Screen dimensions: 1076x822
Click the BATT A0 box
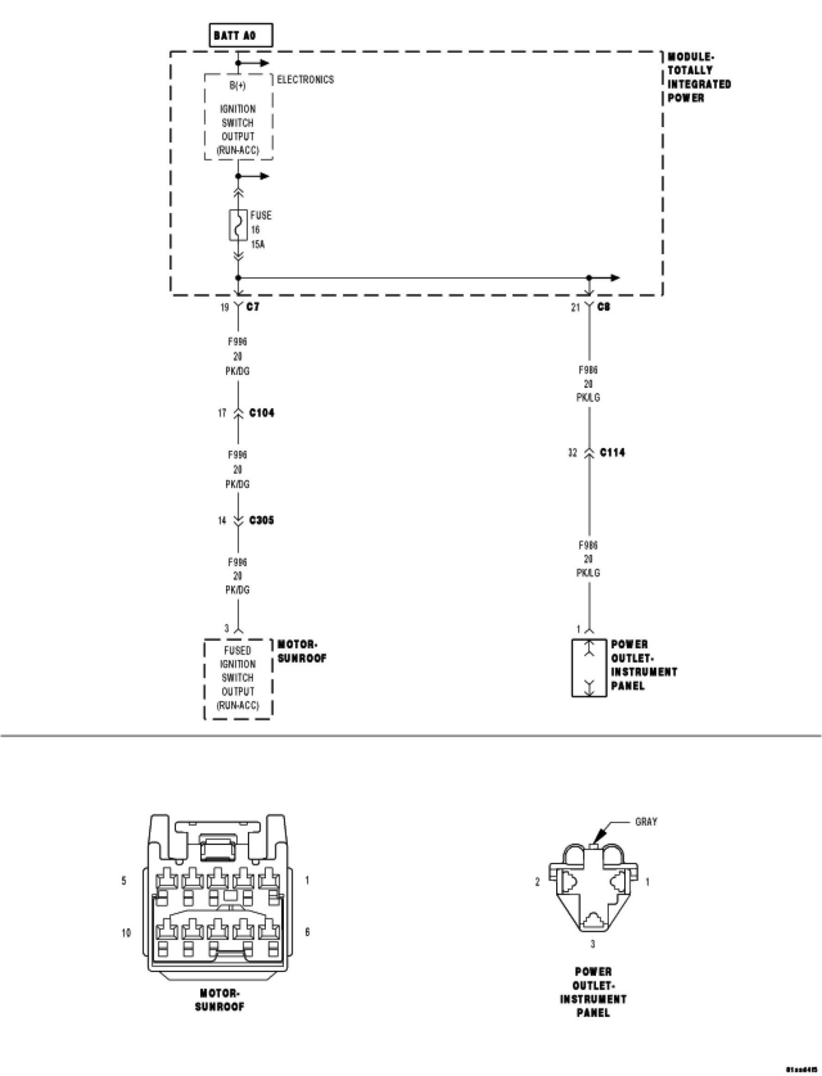pyautogui.click(x=241, y=36)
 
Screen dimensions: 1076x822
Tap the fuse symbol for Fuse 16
pyautogui.click(x=238, y=225)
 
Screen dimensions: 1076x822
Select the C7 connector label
pyautogui.click(x=253, y=307)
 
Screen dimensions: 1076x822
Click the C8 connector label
pyautogui.click(x=603, y=307)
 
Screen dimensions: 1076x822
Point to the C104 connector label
pyautogui.click(x=261, y=413)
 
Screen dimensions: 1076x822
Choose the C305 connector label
pyautogui.click(x=261, y=521)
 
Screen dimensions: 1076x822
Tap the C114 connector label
pyautogui.click(x=612, y=452)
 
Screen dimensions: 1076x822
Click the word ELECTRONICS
pyautogui.click(x=306, y=80)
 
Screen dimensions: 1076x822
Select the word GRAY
pyautogui.click(x=646, y=822)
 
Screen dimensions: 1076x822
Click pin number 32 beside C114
pyautogui.click(x=572, y=452)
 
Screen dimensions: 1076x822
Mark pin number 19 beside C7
pyautogui.click(x=224, y=308)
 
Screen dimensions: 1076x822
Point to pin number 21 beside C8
pyautogui.click(x=576, y=308)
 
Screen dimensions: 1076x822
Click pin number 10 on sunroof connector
pyautogui.click(x=126, y=933)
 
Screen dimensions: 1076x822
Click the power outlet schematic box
pyautogui.click(x=589, y=668)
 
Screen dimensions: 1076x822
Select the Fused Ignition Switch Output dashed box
pyautogui.click(x=238, y=679)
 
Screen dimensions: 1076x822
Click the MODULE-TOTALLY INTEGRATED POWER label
pyautogui.click(x=699, y=78)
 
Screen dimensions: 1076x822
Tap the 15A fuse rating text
pyautogui.click(x=258, y=245)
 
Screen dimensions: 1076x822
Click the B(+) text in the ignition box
pyautogui.click(x=238, y=86)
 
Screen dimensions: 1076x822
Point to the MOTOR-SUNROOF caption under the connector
pyautogui.click(x=220, y=1000)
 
